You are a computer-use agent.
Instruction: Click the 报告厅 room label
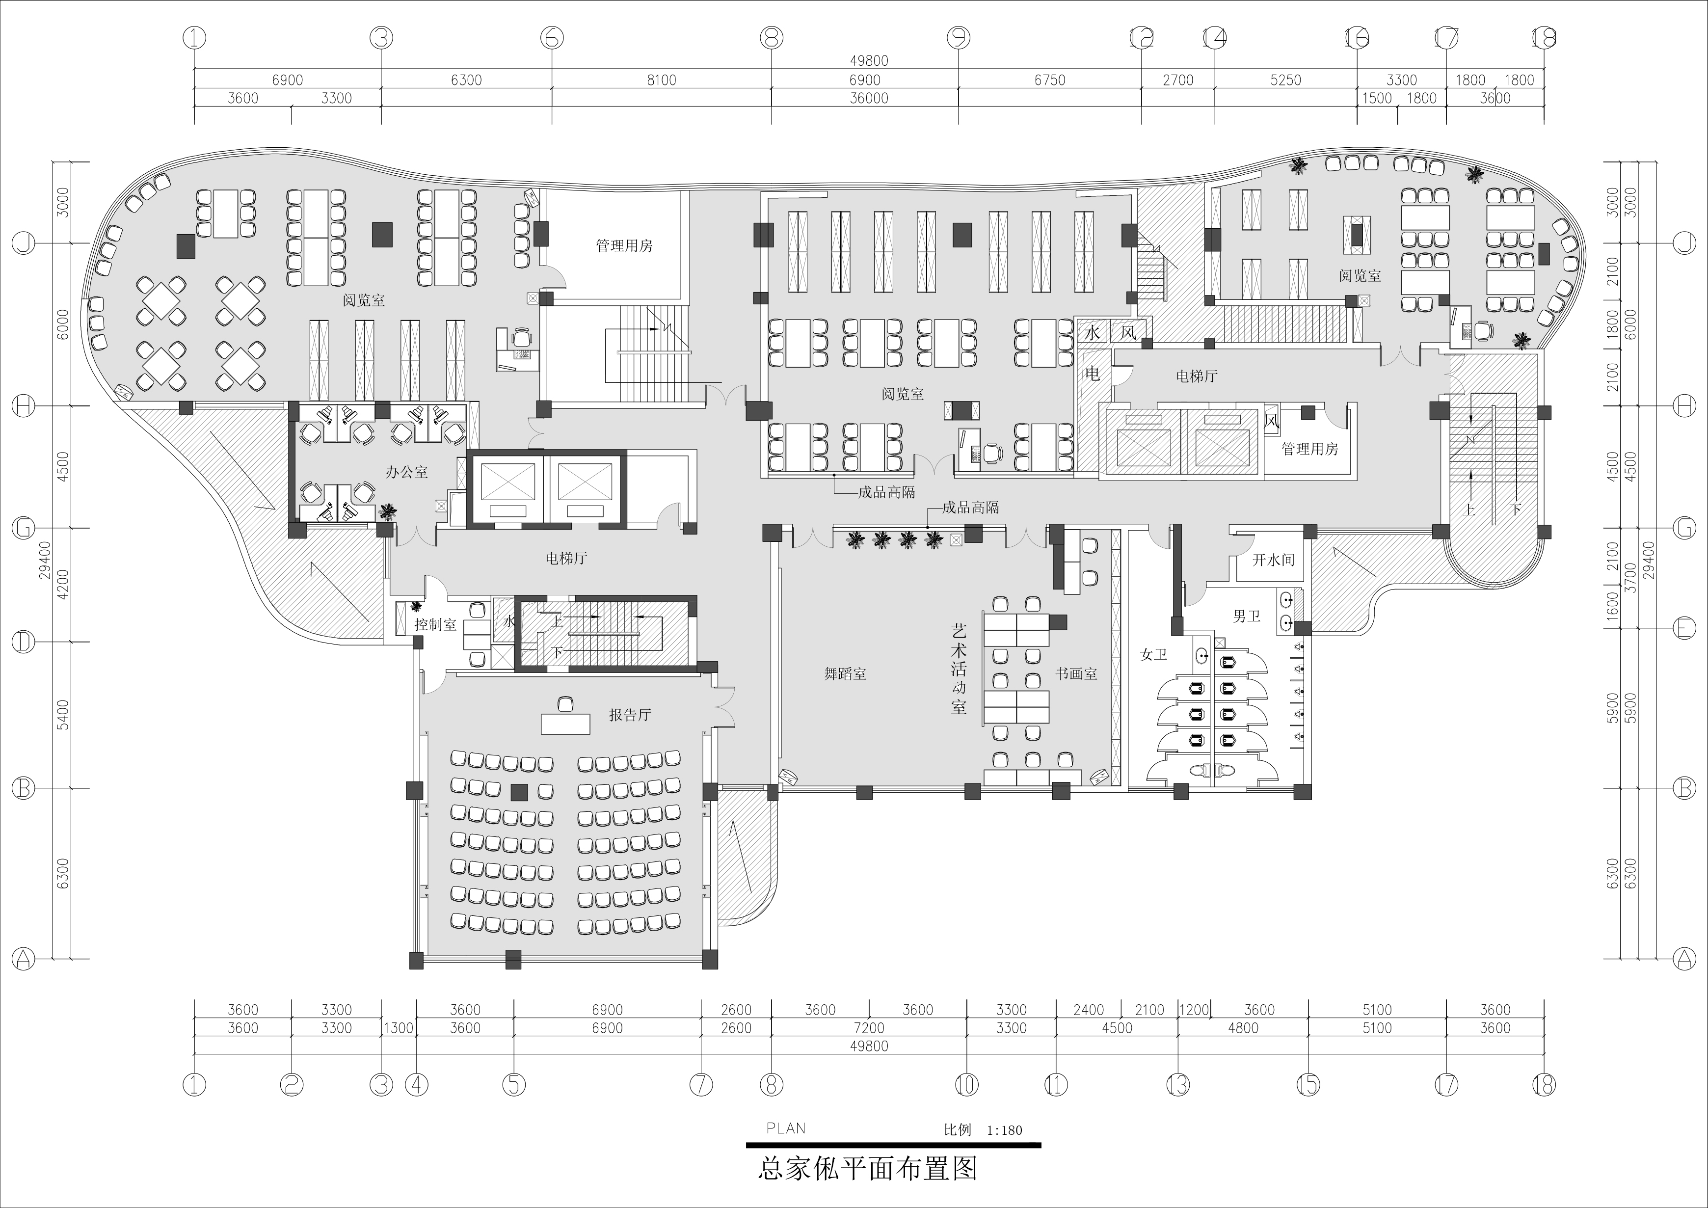click(x=630, y=715)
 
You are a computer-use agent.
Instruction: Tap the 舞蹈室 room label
click(x=845, y=674)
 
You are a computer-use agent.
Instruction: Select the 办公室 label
click(x=407, y=472)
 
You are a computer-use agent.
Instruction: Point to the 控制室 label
click(x=435, y=625)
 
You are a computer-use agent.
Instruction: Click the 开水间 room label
click(x=1274, y=560)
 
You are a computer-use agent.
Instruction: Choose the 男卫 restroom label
click(x=1247, y=616)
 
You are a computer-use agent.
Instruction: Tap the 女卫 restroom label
click(x=1154, y=655)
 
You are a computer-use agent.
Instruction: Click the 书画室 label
click(x=1076, y=674)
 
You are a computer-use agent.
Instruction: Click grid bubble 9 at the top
click(x=958, y=37)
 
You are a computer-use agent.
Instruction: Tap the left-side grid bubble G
click(x=24, y=528)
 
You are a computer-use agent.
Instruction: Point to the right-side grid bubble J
click(x=1684, y=242)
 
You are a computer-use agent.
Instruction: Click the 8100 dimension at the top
click(x=661, y=81)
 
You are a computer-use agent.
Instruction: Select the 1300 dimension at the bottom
click(x=399, y=1028)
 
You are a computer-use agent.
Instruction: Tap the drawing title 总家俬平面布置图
click(x=867, y=1168)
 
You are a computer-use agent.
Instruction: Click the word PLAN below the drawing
click(x=786, y=1128)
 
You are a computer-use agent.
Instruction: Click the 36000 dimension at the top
click(x=869, y=98)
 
